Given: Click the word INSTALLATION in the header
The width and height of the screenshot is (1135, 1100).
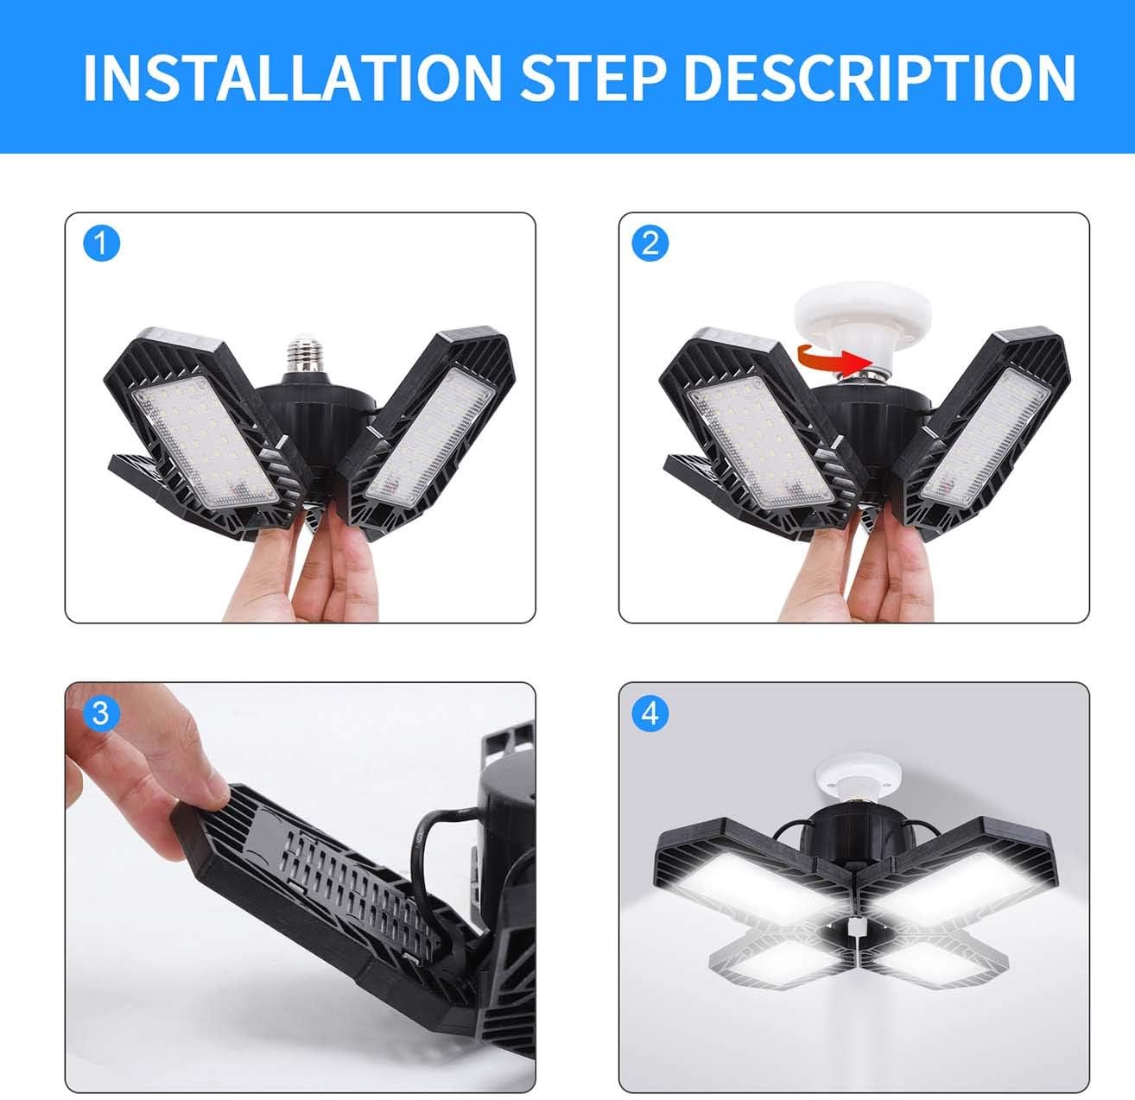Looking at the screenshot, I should (291, 78).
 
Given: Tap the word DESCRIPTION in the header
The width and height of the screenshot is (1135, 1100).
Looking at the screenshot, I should (878, 78).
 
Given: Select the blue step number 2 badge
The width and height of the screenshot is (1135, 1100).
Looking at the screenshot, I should (650, 243).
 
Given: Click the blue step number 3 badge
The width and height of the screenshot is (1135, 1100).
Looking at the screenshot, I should (100, 713).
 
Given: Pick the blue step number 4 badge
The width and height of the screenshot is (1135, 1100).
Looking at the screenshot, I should (650, 713).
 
